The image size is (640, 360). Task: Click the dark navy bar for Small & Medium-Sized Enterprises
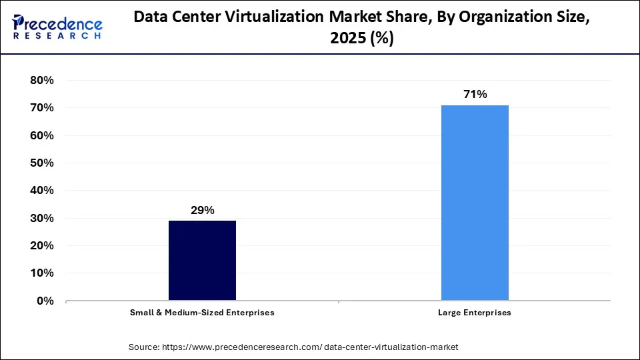[202, 260]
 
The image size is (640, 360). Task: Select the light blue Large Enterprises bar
[475, 203]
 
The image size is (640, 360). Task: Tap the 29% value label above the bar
[202, 211]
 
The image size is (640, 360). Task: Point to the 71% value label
[475, 95]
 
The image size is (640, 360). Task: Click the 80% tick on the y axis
[41, 81]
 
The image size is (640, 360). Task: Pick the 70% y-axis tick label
[41, 108]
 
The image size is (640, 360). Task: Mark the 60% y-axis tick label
[41, 136]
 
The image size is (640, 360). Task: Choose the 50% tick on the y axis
[41, 163]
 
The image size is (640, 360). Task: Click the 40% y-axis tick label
[41, 191]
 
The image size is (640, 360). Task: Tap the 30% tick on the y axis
[41, 219]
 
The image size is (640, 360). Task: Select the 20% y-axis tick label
[41, 246]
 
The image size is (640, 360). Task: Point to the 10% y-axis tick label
[41, 273]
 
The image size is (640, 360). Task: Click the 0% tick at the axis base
[45, 301]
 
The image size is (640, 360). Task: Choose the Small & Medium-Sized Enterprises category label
[202, 312]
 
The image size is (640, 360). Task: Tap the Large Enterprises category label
[475, 312]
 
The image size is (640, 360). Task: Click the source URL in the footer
[310, 347]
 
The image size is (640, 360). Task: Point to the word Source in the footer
[144, 347]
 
